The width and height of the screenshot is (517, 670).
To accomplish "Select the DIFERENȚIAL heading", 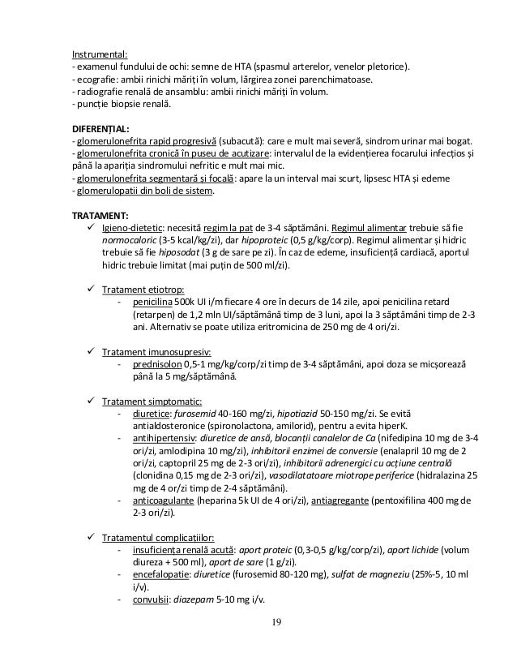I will tap(101, 129).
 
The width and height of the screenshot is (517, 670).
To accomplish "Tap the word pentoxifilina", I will tap(405, 500).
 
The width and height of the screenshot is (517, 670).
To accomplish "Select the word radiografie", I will tap(100, 92).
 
